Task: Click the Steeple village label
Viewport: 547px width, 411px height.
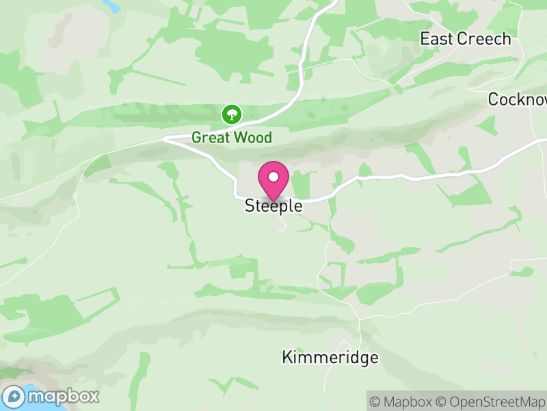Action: (273, 206)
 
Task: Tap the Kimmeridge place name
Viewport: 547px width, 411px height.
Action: (330, 358)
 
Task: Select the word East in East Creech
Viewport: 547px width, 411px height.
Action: (436, 39)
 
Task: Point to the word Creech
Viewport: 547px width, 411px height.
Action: (484, 39)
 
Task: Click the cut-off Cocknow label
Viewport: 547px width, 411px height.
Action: (518, 99)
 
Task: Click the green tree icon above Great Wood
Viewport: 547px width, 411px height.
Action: (232, 114)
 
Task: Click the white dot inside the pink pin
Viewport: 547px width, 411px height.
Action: (273, 177)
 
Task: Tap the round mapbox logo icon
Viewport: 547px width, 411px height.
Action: (14, 396)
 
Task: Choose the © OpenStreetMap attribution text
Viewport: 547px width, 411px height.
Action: (490, 401)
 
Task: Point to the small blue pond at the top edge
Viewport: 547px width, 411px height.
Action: (111, 6)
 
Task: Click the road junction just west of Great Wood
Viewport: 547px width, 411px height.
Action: (166, 137)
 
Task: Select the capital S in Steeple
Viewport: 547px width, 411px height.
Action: (250, 206)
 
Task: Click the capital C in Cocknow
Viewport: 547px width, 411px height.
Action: (494, 99)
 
